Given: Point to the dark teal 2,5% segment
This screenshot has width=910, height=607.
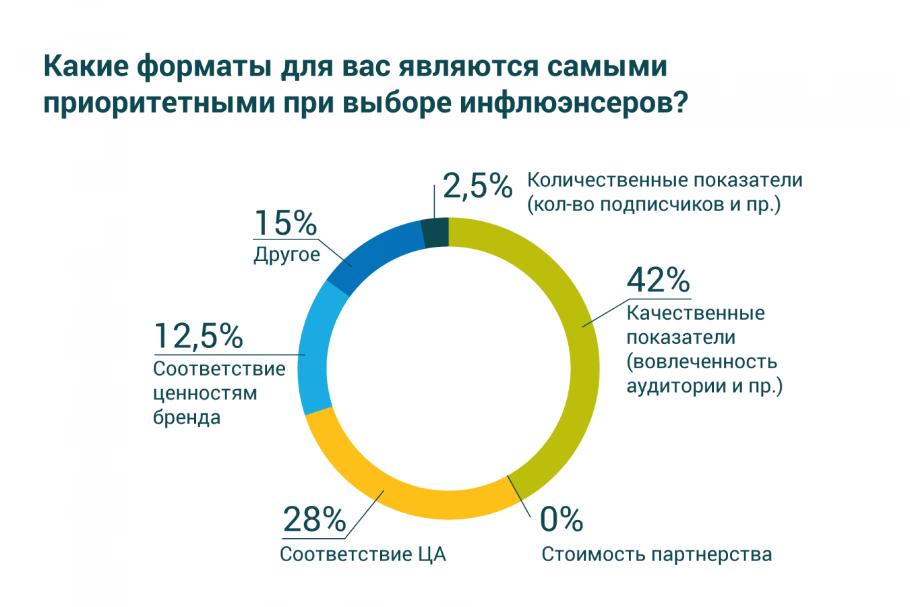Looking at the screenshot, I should tap(435, 233).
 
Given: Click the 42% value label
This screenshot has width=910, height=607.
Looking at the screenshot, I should tap(658, 280).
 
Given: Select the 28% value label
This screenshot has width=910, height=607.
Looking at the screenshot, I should tap(314, 519).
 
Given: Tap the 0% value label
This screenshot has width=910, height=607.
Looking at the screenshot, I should tap(561, 519).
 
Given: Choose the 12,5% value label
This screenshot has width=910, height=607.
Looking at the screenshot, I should tap(198, 336).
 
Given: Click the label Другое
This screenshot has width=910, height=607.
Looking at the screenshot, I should tap(286, 255).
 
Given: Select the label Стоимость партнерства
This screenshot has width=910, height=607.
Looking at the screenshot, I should tap(657, 554).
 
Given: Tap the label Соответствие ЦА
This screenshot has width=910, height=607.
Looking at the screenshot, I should tap(363, 554).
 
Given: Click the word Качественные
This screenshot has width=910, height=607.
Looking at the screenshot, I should tap(696, 313).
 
